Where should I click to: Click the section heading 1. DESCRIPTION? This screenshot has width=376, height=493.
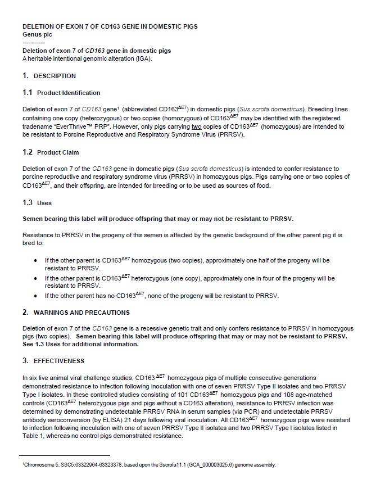tap(49, 76)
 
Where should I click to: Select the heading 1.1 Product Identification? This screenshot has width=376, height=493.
tap(61, 93)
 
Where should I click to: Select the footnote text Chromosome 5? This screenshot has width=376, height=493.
tap(39, 465)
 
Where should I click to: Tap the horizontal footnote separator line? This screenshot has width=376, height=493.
tap(65, 456)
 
